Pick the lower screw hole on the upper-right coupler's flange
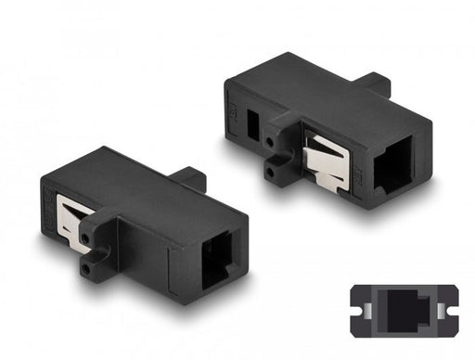click(x=276, y=171)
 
